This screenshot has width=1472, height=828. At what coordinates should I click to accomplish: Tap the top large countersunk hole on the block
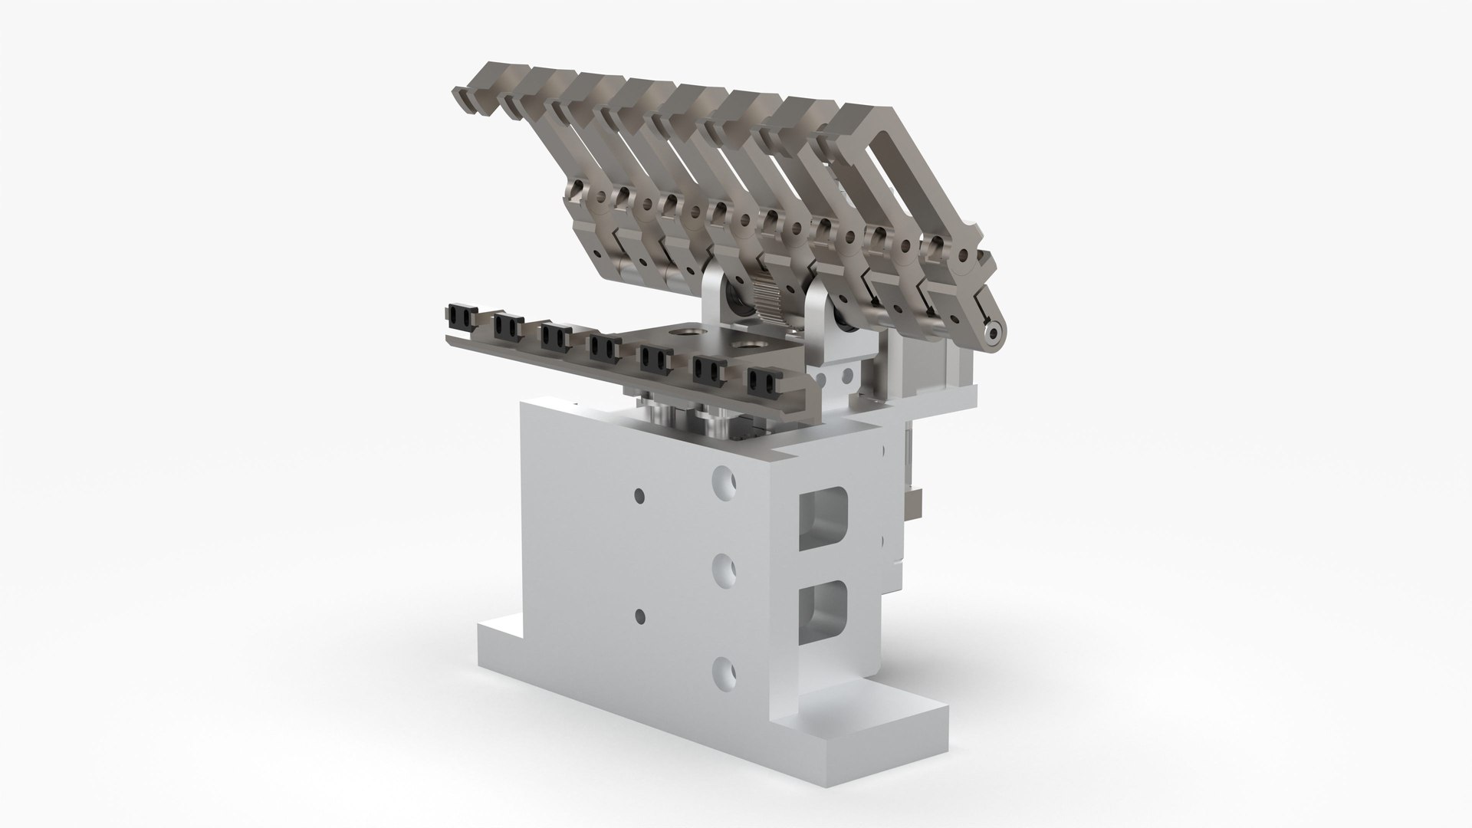724,482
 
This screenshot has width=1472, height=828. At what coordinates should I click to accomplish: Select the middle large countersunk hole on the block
724,569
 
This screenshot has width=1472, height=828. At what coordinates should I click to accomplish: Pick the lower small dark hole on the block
638,614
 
